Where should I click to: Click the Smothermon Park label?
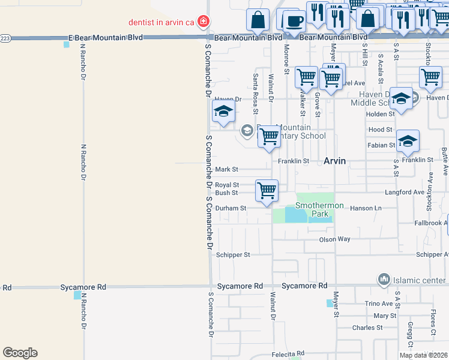point(319,209)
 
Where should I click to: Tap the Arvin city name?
point(335,161)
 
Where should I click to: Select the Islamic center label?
point(420,280)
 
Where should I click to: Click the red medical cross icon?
point(203,22)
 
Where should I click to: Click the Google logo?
point(20,353)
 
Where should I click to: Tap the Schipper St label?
point(233,255)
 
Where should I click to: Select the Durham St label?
point(231,208)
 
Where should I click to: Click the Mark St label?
point(227,170)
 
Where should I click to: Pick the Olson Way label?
point(334,239)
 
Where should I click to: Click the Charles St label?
point(367,328)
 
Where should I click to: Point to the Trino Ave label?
point(378,304)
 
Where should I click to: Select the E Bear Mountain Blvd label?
point(106,37)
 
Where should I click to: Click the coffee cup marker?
point(294,22)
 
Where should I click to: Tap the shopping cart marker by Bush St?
point(267,190)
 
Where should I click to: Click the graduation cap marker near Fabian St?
point(408,140)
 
